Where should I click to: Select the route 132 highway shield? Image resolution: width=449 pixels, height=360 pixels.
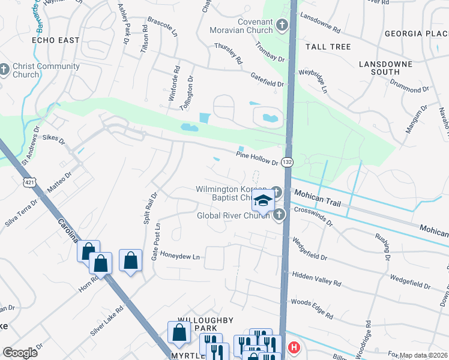(x=288, y=162)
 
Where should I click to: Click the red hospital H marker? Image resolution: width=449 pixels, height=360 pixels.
(x=294, y=347)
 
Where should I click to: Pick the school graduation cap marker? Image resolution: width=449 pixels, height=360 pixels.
(x=262, y=202)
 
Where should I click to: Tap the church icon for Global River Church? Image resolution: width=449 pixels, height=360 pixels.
(x=279, y=215)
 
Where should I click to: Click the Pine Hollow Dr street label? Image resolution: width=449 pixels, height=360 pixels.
(x=257, y=159)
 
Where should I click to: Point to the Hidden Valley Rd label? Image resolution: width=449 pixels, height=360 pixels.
(x=316, y=279)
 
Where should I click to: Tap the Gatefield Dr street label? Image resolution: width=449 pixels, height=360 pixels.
(x=267, y=79)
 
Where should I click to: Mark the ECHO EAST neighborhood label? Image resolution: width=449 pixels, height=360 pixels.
(x=56, y=40)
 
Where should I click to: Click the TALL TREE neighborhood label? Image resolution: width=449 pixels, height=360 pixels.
(x=328, y=46)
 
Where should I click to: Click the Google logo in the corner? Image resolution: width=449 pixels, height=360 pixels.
(x=20, y=352)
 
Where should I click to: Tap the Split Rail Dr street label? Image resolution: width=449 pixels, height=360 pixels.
(x=149, y=208)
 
